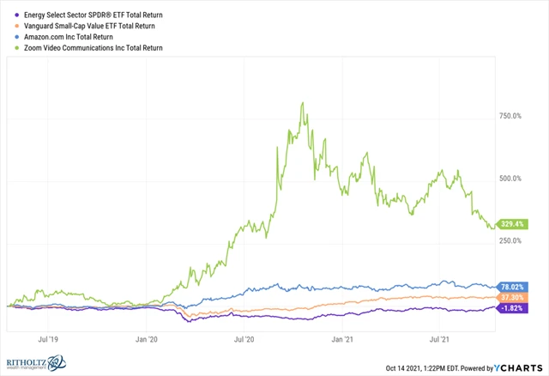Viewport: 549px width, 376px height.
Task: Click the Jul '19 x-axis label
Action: (48, 339)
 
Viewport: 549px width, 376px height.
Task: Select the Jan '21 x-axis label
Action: (343, 339)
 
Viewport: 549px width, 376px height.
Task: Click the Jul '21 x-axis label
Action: (440, 339)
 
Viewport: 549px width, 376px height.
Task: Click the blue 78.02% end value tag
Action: (512, 286)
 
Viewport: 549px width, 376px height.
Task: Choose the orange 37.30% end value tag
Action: (512, 297)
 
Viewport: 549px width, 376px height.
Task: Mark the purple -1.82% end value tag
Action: (512, 307)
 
